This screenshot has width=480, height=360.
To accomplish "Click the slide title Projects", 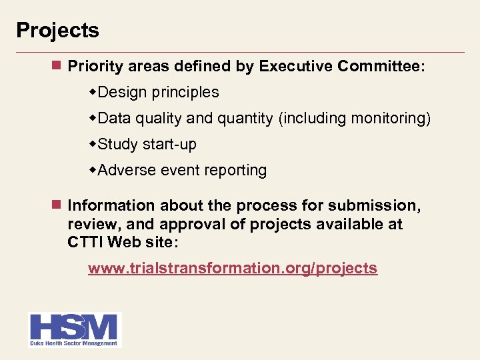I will pyautogui.click(x=57, y=31).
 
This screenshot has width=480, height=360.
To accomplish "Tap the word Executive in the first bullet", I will pyautogui.click(x=295, y=67).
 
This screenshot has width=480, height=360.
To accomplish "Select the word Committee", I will pyautogui.click(x=381, y=67).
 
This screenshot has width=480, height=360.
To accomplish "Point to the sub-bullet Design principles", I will pyautogui.click(x=158, y=93).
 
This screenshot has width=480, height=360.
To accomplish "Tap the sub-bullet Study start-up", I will pyautogui.click(x=147, y=145).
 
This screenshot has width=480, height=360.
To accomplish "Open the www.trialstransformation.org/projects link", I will pyautogui.click(x=233, y=269).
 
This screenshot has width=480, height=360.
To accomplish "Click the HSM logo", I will pyautogui.click(x=74, y=327).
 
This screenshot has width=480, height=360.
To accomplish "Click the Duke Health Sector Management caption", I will pyautogui.click(x=74, y=343).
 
